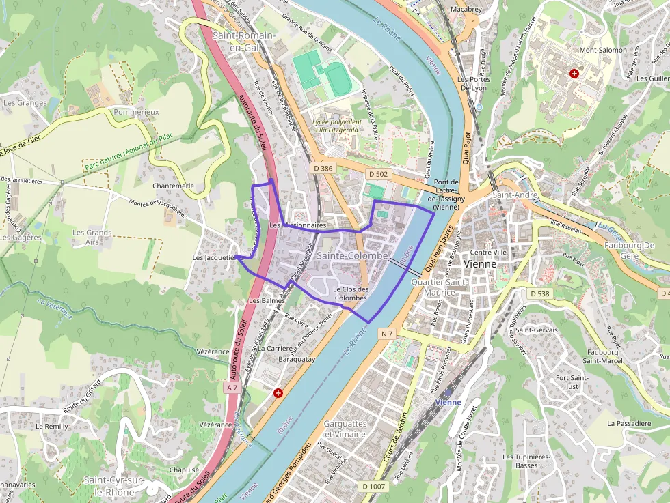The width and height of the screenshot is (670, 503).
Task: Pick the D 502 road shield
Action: (x=378, y=174)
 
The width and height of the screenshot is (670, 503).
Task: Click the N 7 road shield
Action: (x=387, y=333)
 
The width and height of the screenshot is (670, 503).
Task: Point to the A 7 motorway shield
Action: (x=232, y=387)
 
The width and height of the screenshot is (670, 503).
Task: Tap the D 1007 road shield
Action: (x=374, y=486)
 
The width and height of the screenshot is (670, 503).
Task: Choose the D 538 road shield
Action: (x=539, y=293)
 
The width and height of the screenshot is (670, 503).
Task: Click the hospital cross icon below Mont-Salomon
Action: (x=574, y=73)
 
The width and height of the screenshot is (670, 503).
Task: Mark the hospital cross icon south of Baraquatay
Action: (x=278, y=393)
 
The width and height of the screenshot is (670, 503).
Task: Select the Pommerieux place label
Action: (x=137, y=111)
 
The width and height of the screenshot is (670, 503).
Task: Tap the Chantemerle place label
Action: (x=174, y=186)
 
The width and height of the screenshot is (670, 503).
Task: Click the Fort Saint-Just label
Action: (x=567, y=382)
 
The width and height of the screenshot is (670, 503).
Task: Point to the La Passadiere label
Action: (x=629, y=423)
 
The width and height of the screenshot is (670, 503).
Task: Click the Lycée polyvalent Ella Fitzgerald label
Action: (x=335, y=126)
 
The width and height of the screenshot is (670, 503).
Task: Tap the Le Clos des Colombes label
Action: (x=350, y=293)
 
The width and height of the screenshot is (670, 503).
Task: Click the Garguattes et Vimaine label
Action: (x=345, y=429)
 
